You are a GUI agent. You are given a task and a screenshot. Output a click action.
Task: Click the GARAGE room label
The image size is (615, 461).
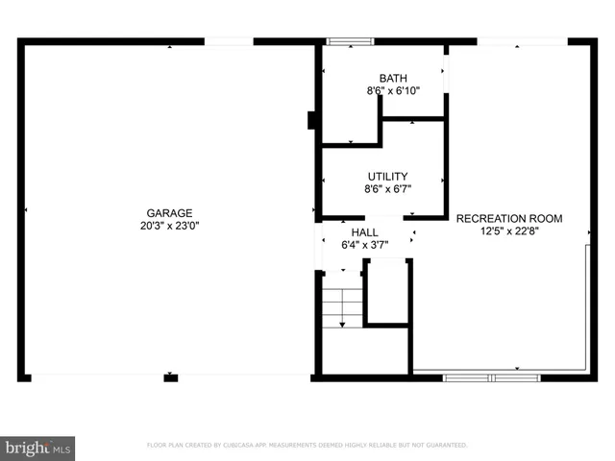tap(169, 213)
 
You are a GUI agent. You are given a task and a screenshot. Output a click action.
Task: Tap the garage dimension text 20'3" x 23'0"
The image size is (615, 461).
tap(169, 226)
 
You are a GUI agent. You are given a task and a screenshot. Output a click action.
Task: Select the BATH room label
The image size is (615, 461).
tap(392, 79)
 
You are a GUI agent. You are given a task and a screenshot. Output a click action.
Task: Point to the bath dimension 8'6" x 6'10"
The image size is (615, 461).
tap(392, 91)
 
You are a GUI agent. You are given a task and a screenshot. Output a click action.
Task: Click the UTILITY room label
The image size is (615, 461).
tap(387, 177)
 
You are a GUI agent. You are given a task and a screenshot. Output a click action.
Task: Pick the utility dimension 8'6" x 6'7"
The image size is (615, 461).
tap(387, 189)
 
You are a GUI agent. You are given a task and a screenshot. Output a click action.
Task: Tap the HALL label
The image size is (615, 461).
tap(364, 232)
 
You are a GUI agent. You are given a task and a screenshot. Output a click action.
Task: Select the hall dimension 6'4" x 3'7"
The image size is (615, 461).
tap(364, 245)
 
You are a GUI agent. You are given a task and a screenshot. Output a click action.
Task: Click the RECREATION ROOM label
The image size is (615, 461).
tap(509, 218)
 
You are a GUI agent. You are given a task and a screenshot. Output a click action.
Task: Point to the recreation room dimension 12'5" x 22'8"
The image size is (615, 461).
tap(509, 230)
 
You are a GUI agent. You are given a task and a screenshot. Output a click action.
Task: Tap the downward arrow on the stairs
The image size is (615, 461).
tap(341, 324)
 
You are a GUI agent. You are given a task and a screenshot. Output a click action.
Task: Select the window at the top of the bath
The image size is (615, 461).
tap(350, 41)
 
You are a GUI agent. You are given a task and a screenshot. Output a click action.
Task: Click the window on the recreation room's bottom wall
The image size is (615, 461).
tap(492, 377)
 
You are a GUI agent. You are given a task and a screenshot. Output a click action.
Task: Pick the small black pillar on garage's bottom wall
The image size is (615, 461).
tap(171, 377)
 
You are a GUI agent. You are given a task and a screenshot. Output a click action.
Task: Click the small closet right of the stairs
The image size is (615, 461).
tap(387, 293)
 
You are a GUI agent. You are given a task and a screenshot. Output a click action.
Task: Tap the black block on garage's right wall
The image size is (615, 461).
tap(311, 120)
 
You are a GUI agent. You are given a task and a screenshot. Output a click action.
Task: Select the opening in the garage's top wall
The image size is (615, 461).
tap(229, 41)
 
